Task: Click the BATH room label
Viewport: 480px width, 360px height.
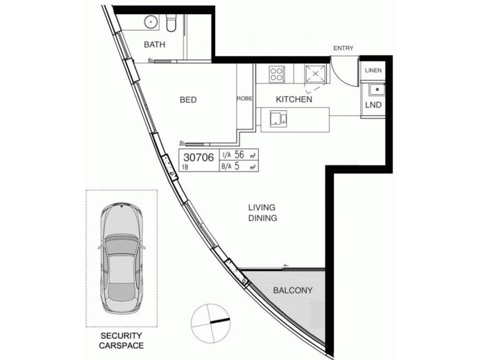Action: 155,45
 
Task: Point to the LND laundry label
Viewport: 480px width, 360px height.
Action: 373,106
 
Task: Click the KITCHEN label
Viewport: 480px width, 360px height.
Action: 293,99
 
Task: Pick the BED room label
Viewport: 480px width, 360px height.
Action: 188,100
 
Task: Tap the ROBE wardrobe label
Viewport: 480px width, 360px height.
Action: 244,98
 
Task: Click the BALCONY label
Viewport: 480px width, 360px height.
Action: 293,290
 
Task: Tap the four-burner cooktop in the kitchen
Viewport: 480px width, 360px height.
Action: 277,74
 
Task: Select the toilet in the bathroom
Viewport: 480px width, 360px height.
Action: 170,23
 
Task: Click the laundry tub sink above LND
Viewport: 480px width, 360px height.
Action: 376,90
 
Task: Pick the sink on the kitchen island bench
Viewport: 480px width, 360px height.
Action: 277,117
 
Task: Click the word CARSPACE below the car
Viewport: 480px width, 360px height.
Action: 122,346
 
